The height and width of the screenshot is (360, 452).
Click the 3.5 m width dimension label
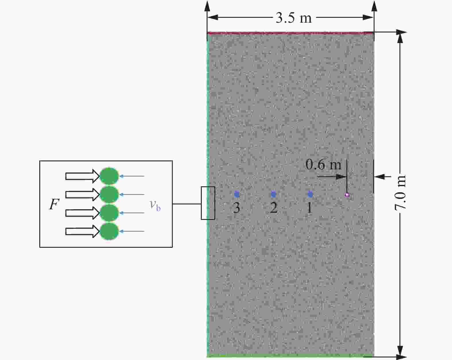pos(294,18)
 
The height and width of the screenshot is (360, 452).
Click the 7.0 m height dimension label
pos(400,192)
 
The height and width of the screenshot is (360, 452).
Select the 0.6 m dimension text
pos(323,164)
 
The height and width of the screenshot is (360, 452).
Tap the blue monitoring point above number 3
pos(237,194)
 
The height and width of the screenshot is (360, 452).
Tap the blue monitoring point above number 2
pos(273,194)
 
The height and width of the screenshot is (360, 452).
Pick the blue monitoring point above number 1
pos(310,194)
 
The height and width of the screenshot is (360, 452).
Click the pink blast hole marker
pos(347,195)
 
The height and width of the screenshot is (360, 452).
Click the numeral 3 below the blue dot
pos(237,208)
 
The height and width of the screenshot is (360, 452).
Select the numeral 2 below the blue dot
pos(273,208)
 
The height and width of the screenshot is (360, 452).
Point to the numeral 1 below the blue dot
pos(310,208)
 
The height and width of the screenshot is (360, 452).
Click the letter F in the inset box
pos(54,204)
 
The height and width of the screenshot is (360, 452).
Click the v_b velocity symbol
pos(155,205)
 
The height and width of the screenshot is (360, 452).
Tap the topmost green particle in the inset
pos(109,176)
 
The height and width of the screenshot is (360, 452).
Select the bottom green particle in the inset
pos(109,231)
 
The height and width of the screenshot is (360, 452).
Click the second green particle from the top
pos(109,194)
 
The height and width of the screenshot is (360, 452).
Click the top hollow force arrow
pos(82,176)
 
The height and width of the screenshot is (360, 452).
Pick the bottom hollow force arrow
pos(82,231)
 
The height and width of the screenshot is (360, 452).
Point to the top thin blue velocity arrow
pos(132,176)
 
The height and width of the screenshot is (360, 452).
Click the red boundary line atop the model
pos(290,33)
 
